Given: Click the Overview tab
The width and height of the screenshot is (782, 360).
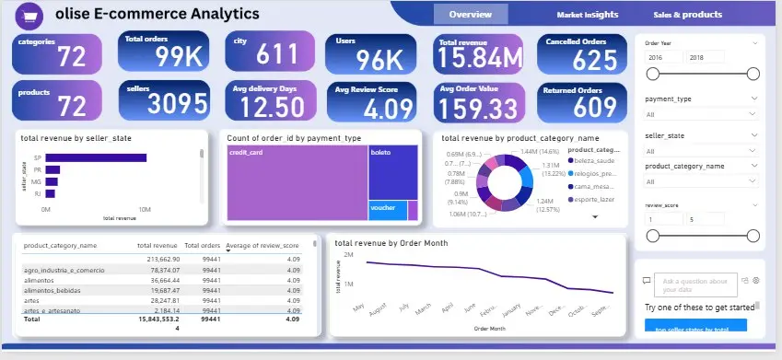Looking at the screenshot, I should click(470, 15).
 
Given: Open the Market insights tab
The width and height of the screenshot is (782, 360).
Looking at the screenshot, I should click(587, 15).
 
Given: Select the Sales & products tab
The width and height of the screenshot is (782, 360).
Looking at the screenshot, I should click(687, 15).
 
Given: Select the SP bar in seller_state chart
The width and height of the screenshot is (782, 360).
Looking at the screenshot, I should click(96, 157).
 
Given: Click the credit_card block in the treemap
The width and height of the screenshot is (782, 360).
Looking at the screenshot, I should click(296, 182).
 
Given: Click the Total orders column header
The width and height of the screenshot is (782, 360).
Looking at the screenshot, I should click(202, 246).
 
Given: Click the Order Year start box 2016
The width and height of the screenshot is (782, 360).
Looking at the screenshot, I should click(665, 57).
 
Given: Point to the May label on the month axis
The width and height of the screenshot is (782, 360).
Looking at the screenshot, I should click(358, 308).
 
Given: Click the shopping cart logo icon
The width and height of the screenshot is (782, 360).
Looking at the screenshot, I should click(32, 16).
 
